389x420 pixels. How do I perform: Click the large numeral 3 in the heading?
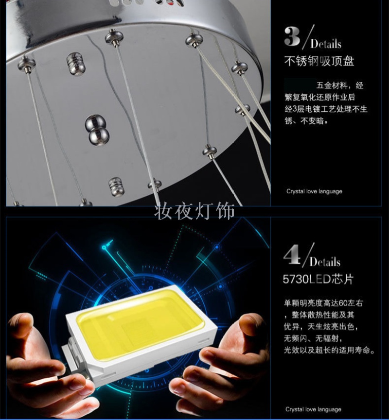292,36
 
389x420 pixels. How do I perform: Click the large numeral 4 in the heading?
292,255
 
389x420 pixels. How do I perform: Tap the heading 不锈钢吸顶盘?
319,61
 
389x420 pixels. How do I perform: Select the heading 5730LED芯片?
318,279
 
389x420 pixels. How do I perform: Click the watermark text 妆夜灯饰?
194,211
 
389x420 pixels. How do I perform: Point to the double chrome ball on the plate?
97,130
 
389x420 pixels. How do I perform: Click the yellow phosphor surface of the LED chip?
140,323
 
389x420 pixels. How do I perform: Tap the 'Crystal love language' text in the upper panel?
314,191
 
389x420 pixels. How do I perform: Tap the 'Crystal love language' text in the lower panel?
313,409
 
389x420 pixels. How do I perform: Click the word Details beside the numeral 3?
326,44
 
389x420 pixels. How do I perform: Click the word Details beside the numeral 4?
325,262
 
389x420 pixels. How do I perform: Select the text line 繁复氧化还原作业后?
320,97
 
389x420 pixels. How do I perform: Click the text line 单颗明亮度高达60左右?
323,303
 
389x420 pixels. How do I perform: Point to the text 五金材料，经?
340,85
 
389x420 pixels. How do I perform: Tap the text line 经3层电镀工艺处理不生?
326,109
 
